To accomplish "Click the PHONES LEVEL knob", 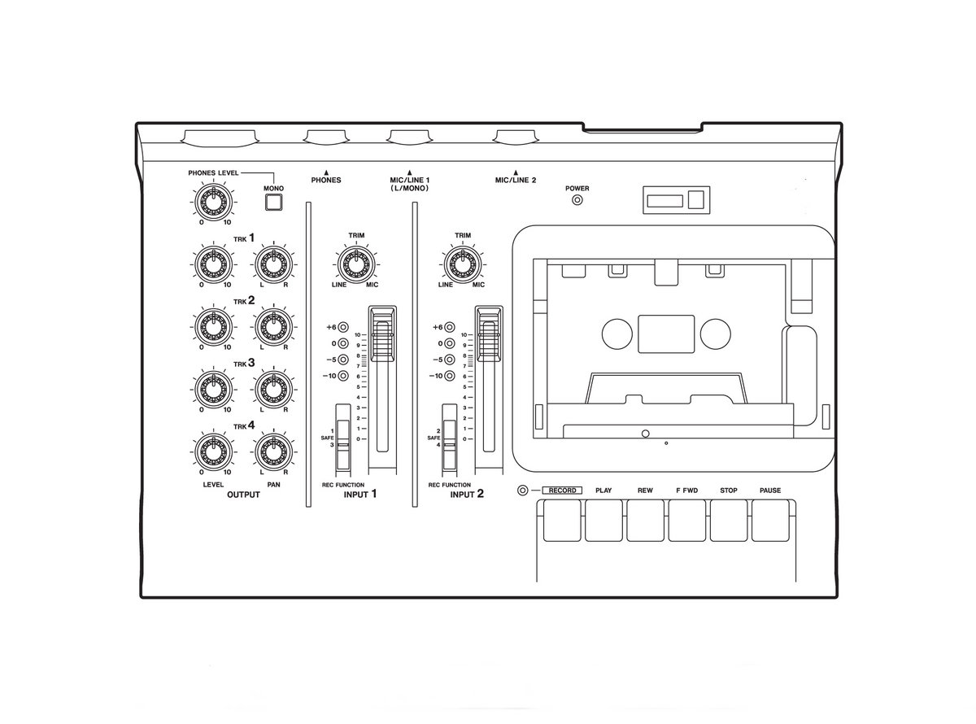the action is pyautogui.click(x=213, y=202).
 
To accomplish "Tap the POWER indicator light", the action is pyautogui.click(x=577, y=200).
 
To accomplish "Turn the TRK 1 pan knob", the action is pyautogui.click(x=273, y=265).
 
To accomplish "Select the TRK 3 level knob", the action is pyautogui.click(x=213, y=390).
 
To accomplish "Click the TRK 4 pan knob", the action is pyautogui.click(x=273, y=452).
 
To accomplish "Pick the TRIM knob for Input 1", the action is pyautogui.click(x=356, y=265).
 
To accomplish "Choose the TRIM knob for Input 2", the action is pyautogui.click(x=463, y=265).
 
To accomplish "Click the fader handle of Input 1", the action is pyautogui.click(x=382, y=334).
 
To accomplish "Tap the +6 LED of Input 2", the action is pyautogui.click(x=449, y=327).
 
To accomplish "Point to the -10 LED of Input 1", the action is pyautogui.click(x=342, y=376).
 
